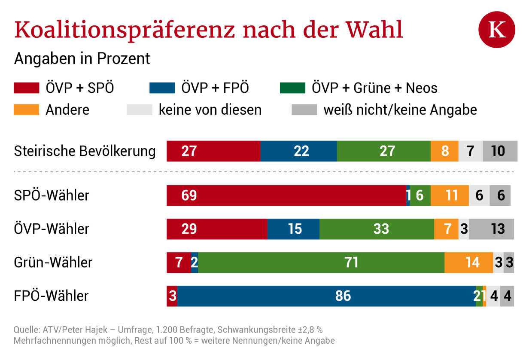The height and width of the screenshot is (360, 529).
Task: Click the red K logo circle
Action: pos(497,30)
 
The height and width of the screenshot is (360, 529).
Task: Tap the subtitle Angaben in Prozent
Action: pos(82,58)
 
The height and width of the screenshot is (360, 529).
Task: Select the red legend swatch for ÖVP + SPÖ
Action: pos(27,88)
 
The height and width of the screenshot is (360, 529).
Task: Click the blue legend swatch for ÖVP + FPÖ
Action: pos(162,88)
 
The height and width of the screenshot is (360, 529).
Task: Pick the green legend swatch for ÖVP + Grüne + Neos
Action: pos(292,88)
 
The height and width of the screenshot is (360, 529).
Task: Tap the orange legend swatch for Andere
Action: pos(27,110)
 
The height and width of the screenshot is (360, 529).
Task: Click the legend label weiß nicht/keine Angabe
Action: pos(400,110)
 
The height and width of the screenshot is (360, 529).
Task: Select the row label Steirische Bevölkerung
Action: pos(85,151)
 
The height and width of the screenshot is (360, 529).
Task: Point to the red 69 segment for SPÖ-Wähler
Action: pos(286,195)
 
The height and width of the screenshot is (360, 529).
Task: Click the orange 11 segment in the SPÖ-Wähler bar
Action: pos(450,195)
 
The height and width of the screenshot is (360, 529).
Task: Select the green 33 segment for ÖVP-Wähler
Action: pos(377,229)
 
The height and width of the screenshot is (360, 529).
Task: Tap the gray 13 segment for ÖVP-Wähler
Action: pos(491,229)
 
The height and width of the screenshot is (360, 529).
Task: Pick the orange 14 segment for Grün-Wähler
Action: pos(468,262)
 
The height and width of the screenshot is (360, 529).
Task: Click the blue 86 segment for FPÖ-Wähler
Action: pos(326,296)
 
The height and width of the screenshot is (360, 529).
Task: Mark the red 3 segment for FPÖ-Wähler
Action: pos(172,296)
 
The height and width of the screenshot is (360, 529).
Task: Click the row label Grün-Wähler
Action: pos(53,262)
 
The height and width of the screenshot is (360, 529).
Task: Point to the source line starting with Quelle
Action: pos(168,330)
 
